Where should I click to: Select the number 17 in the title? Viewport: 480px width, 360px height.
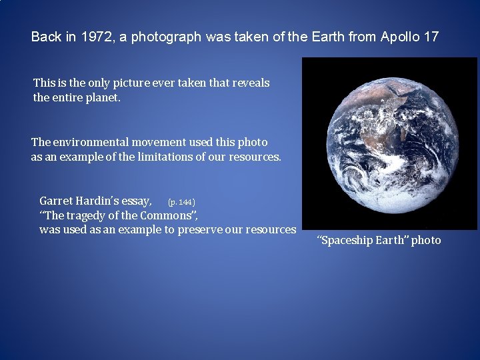[x=431, y=37]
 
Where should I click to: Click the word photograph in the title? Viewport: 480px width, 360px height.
[x=166, y=37]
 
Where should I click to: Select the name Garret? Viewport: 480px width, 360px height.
[x=56, y=200]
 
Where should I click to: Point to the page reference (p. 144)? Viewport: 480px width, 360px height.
[x=181, y=201]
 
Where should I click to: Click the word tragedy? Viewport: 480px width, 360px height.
[x=89, y=215]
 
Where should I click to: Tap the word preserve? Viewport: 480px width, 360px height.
[x=200, y=230]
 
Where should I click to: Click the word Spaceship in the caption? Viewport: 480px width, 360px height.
[x=346, y=241]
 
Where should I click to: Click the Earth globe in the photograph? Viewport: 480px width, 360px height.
[x=389, y=144]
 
